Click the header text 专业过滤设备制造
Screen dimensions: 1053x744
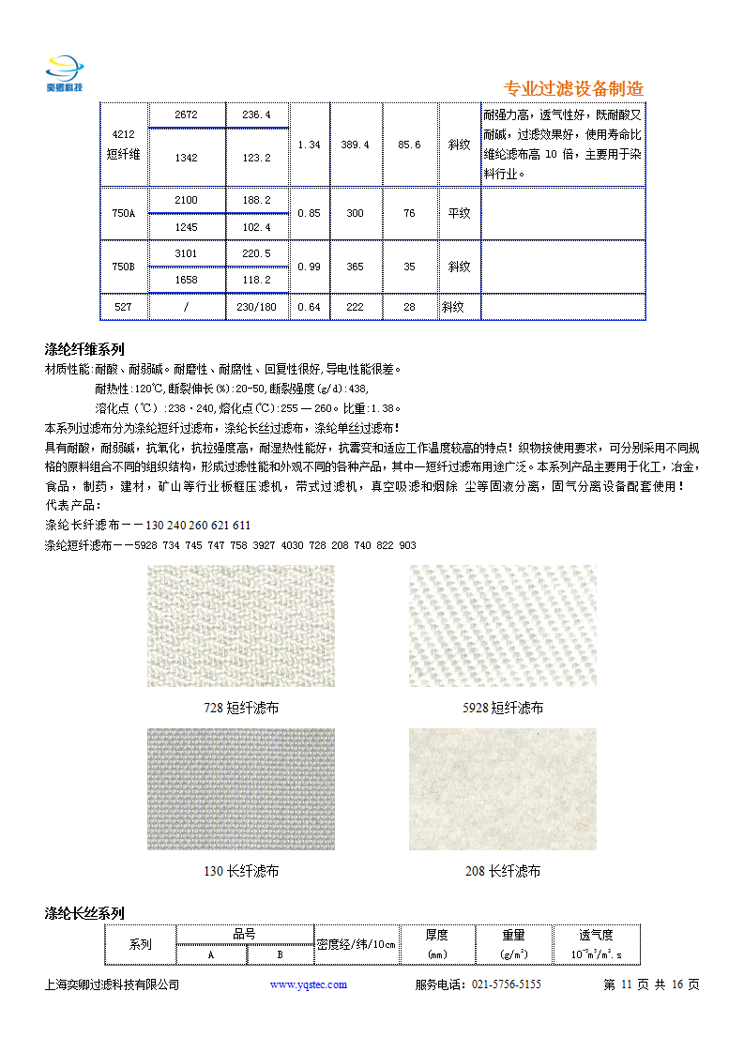pos(573,89)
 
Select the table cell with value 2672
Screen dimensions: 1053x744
pos(186,114)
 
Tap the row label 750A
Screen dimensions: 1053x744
pos(124,213)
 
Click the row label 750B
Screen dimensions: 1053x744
pos(124,267)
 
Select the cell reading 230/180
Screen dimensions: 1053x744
pos(256,307)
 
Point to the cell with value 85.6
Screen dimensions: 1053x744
pos(409,145)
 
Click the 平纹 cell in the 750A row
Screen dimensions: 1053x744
pos(459,213)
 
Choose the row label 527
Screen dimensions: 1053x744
pos(124,307)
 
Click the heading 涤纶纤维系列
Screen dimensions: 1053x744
pos(84,349)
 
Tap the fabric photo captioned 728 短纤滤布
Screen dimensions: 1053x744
pos(241,625)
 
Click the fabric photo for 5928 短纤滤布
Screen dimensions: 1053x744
pos(502,625)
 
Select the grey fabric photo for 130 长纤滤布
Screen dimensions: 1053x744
pos(241,789)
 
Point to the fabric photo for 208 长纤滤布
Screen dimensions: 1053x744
pos(502,789)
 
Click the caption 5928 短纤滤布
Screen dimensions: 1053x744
pos(503,708)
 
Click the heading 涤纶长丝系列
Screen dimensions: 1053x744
pos(84,913)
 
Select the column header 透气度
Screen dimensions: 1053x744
pos(596,935)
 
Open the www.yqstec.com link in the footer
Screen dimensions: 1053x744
pos(309,984)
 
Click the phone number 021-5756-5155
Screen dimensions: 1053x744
pos(506,984)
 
